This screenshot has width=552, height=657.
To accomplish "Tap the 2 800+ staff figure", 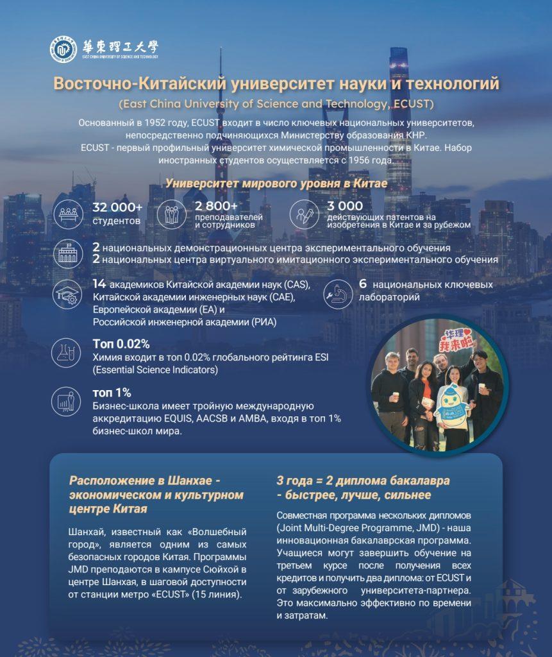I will (x=216, y=206).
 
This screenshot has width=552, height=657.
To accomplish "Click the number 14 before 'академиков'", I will (x=99, y=284).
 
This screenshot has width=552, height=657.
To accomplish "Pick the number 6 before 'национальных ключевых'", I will (x=362, y=284).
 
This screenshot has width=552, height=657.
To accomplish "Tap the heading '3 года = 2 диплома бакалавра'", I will (x=363, y=481).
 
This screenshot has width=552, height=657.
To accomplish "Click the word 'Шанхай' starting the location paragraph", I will (x=85, y=533).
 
